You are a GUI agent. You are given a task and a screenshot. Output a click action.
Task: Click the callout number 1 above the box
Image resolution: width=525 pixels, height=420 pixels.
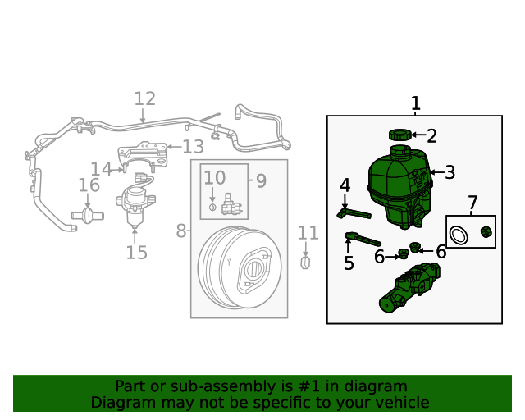(x=415, y=103)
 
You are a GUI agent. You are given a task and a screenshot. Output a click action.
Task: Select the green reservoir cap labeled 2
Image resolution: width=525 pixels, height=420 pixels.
(x=399, y=135)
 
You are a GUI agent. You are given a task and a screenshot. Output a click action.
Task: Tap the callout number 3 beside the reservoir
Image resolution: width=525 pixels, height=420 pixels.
(x=449, y=173)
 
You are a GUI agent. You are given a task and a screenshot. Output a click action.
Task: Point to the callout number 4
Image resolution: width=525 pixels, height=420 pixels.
(x=345, y=185)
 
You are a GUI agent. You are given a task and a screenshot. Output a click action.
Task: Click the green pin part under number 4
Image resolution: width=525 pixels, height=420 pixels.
(x=354, y=214)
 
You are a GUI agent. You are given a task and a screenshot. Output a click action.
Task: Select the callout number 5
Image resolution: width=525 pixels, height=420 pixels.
(x=349, y=263)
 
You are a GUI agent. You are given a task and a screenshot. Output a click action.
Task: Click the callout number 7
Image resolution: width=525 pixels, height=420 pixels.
(x=472, y=203)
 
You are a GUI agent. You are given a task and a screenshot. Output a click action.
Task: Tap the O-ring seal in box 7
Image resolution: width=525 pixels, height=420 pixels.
(x=461, y=235)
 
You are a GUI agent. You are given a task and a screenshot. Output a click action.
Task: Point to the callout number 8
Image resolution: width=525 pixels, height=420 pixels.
(x=181, y=231)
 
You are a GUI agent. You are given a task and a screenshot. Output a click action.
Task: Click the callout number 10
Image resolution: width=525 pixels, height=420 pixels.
(x=214, y=178)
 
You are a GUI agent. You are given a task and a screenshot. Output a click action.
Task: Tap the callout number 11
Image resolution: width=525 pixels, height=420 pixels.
(x=308, y=233)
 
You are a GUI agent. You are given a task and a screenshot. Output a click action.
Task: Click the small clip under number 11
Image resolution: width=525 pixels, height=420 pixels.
(x=305, y=262)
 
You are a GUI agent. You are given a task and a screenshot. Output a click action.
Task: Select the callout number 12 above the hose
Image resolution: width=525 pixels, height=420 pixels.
(x=144, y=99)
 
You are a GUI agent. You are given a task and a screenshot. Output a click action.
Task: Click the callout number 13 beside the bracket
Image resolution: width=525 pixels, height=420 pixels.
(x=193, y=147)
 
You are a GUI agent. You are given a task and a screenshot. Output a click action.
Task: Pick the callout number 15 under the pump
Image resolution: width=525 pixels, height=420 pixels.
(x=136, y=253)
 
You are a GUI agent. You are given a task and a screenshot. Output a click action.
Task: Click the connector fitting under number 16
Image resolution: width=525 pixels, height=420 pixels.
(x=89, y=216)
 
